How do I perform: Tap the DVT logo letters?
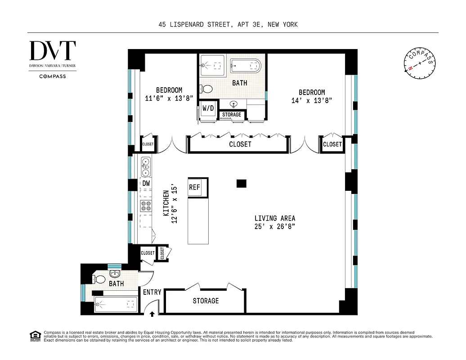pos(53,51)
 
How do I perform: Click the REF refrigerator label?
pos(194,187)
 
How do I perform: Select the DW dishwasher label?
pos(146,183)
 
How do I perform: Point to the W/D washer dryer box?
pos(208,108)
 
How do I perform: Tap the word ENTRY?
pos(152,292)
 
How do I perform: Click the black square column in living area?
pos(242,183)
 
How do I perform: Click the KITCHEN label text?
pos(166,203)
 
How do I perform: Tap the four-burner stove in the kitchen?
pos(146,206)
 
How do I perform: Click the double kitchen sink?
pos(146,166)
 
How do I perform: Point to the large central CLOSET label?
pos(240,144)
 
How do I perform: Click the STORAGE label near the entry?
pos(206,301)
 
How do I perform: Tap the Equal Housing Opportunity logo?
pos(35,336)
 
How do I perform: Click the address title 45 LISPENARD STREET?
pos(228,24)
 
